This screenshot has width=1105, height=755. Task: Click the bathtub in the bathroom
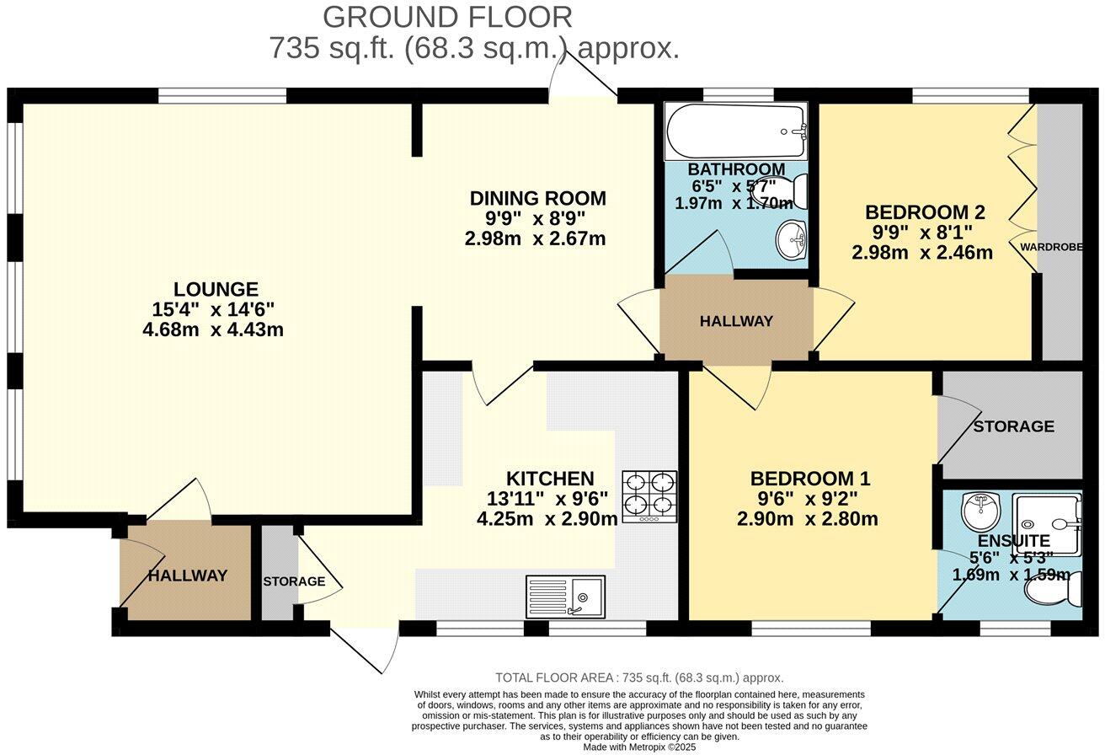735,131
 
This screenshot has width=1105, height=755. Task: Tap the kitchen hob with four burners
649,496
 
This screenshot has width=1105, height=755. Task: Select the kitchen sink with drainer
565,597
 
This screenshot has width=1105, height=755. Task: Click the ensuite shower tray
1047,525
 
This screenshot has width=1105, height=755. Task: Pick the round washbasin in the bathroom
791,239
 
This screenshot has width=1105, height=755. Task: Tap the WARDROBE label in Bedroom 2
1051,247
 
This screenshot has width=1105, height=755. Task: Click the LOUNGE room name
216,289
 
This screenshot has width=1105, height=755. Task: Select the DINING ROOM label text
537,198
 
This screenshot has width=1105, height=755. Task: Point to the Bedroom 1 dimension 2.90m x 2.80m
807,518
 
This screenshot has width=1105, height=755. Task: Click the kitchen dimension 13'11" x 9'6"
547,499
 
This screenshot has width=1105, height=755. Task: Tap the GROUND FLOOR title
447,17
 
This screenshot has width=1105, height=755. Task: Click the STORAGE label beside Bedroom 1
1014,426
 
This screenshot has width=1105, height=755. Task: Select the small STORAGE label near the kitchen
294,581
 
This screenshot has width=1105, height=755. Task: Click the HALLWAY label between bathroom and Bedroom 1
736,321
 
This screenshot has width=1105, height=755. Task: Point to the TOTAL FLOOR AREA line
639,677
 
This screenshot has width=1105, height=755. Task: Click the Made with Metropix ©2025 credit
639,747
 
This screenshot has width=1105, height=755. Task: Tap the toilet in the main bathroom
783,191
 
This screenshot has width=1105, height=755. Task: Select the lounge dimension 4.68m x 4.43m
213,329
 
